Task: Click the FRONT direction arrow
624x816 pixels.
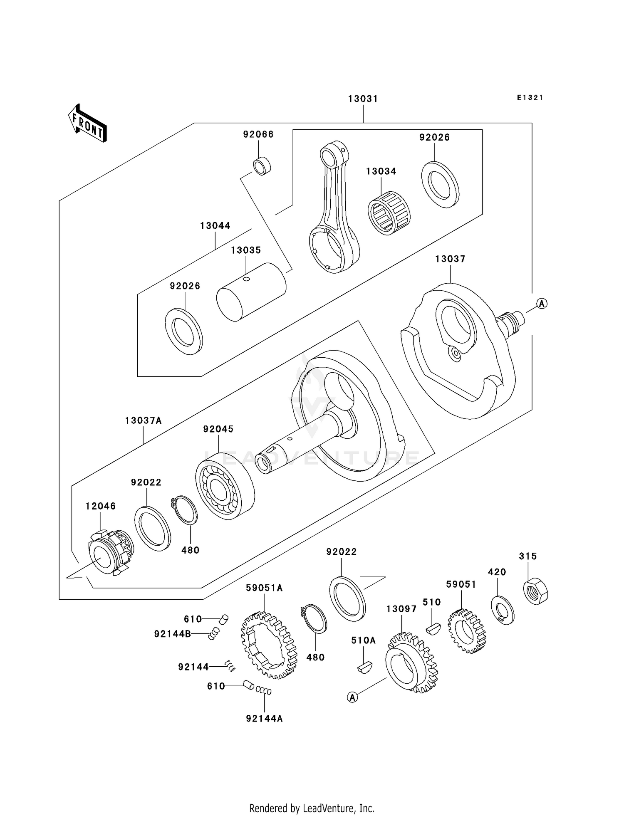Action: point(88,124)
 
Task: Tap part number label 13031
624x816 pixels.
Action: point(363,99)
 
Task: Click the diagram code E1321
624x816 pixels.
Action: point(530,98)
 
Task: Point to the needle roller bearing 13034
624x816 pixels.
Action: point(389,213)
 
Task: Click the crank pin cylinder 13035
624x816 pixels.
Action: point(251,292)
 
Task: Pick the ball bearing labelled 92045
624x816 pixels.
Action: point(225,486)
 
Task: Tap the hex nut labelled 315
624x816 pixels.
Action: point(535,591)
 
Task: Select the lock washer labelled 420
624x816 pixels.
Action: point(503,610)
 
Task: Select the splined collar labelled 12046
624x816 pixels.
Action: point(111,552)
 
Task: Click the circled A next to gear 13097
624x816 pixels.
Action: point(352,697)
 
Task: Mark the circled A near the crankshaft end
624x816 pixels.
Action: point(541,304)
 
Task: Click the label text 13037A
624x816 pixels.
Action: point(143,420)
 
